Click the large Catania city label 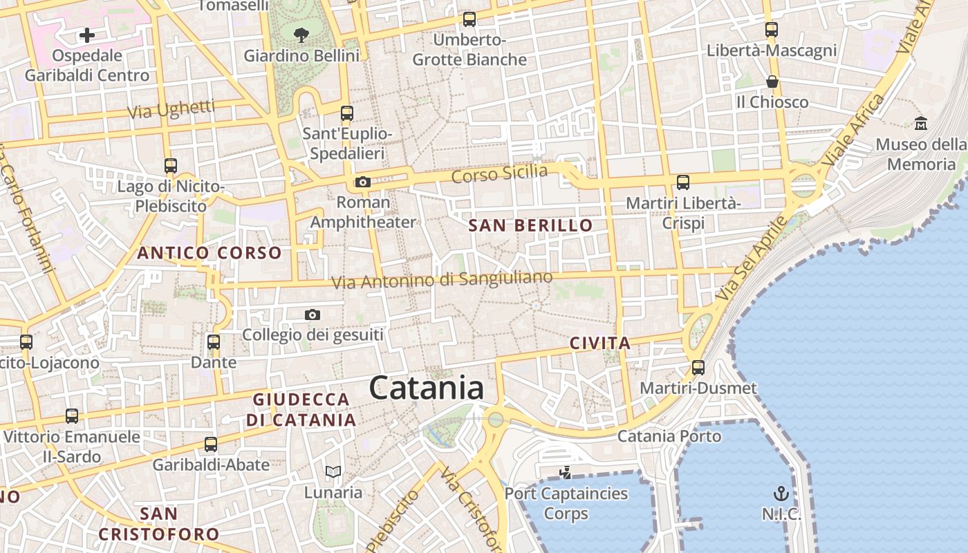coord(427,388)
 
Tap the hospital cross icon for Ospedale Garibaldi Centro coord(87,35)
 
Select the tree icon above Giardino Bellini coord(301,35)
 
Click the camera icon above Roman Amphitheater coord(362,182)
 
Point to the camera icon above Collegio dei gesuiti coord(313,315)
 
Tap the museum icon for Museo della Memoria coord(921,124)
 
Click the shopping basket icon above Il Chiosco coord(772,82)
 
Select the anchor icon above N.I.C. coord(781,494)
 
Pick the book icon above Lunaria coord(333,472)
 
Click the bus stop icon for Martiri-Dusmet coord(698,367)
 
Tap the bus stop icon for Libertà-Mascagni coord(772,30)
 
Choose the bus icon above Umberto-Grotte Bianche coord(469,19)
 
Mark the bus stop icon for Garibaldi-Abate coord(211,444)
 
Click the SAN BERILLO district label coord(530,225)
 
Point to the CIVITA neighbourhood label coord(600,343)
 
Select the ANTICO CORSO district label coord(210,253)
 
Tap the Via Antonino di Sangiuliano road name coord(442,280)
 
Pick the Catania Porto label coord(669,436)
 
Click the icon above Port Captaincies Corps coord(566,473)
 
